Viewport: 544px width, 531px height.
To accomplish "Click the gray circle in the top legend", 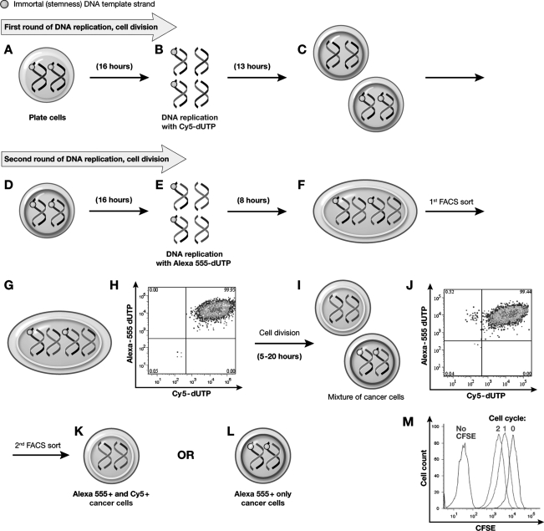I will (6, 6).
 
